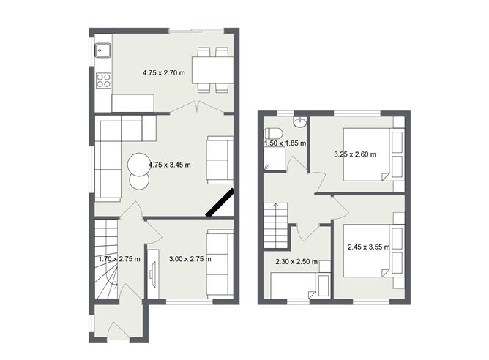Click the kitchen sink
pos(102,50)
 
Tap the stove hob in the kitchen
pos(103,80)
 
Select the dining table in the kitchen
pos(214,71)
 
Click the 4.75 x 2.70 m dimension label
pos(163,72)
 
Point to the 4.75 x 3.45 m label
pos(169,165)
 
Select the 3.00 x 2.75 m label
pos(190,258)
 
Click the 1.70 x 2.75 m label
pos(119,258)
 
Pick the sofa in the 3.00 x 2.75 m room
pos(220,262)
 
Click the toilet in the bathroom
pos(272,133)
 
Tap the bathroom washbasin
pos(299,121)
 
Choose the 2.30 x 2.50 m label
pos(290,261)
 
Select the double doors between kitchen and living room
pos(198,108)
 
